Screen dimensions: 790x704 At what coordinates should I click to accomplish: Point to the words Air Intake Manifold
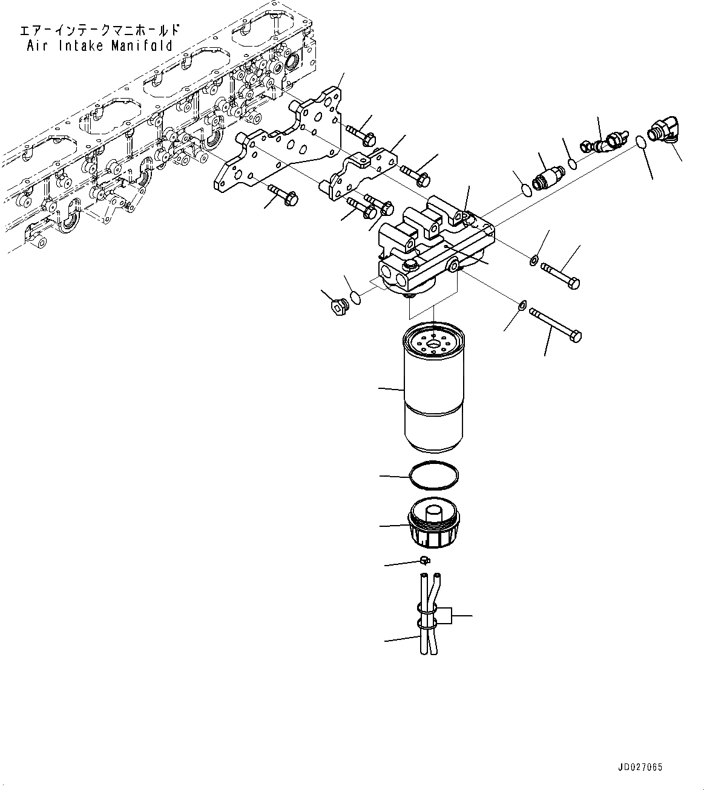100,46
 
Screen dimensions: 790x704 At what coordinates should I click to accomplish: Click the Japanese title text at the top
100,30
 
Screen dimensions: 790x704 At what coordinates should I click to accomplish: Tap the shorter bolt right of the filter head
561,274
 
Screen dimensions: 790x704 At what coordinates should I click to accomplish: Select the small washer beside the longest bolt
520,305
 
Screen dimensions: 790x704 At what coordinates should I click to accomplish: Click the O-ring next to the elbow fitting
641,143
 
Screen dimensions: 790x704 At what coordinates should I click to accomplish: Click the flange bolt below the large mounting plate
283,194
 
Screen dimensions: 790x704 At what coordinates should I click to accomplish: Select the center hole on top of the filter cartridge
434,345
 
